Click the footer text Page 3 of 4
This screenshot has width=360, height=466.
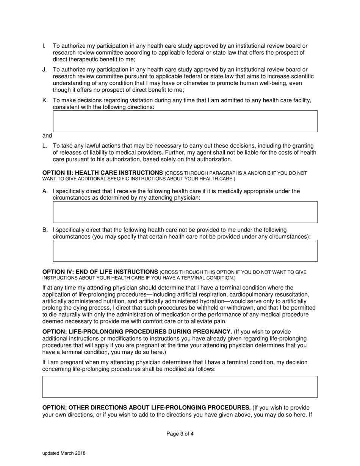click(180, 434)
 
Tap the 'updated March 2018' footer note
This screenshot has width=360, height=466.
click(64, 453)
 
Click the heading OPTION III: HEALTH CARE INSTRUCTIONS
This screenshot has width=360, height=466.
click(102, 173)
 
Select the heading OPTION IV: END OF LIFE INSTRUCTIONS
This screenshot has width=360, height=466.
click(100, 272)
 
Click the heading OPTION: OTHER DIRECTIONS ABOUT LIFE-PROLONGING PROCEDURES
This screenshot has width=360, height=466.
click(146, 408)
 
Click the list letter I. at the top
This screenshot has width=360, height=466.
click(44, 46)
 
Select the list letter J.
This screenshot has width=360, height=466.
click(44, 69)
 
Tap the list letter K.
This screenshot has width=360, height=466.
click(45, 100)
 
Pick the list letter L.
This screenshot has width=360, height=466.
click(45, 146)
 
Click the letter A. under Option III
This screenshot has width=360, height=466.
click(45, 191)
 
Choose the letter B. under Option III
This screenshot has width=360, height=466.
click(45, 230)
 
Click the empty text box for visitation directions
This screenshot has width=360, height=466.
click(185, 121)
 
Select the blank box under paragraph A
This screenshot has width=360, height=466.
click(185, 212)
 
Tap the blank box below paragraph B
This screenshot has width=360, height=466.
click(185, 251)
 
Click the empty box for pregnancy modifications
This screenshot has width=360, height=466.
click(180, 387)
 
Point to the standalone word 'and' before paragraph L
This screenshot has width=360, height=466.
click(47, 136)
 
